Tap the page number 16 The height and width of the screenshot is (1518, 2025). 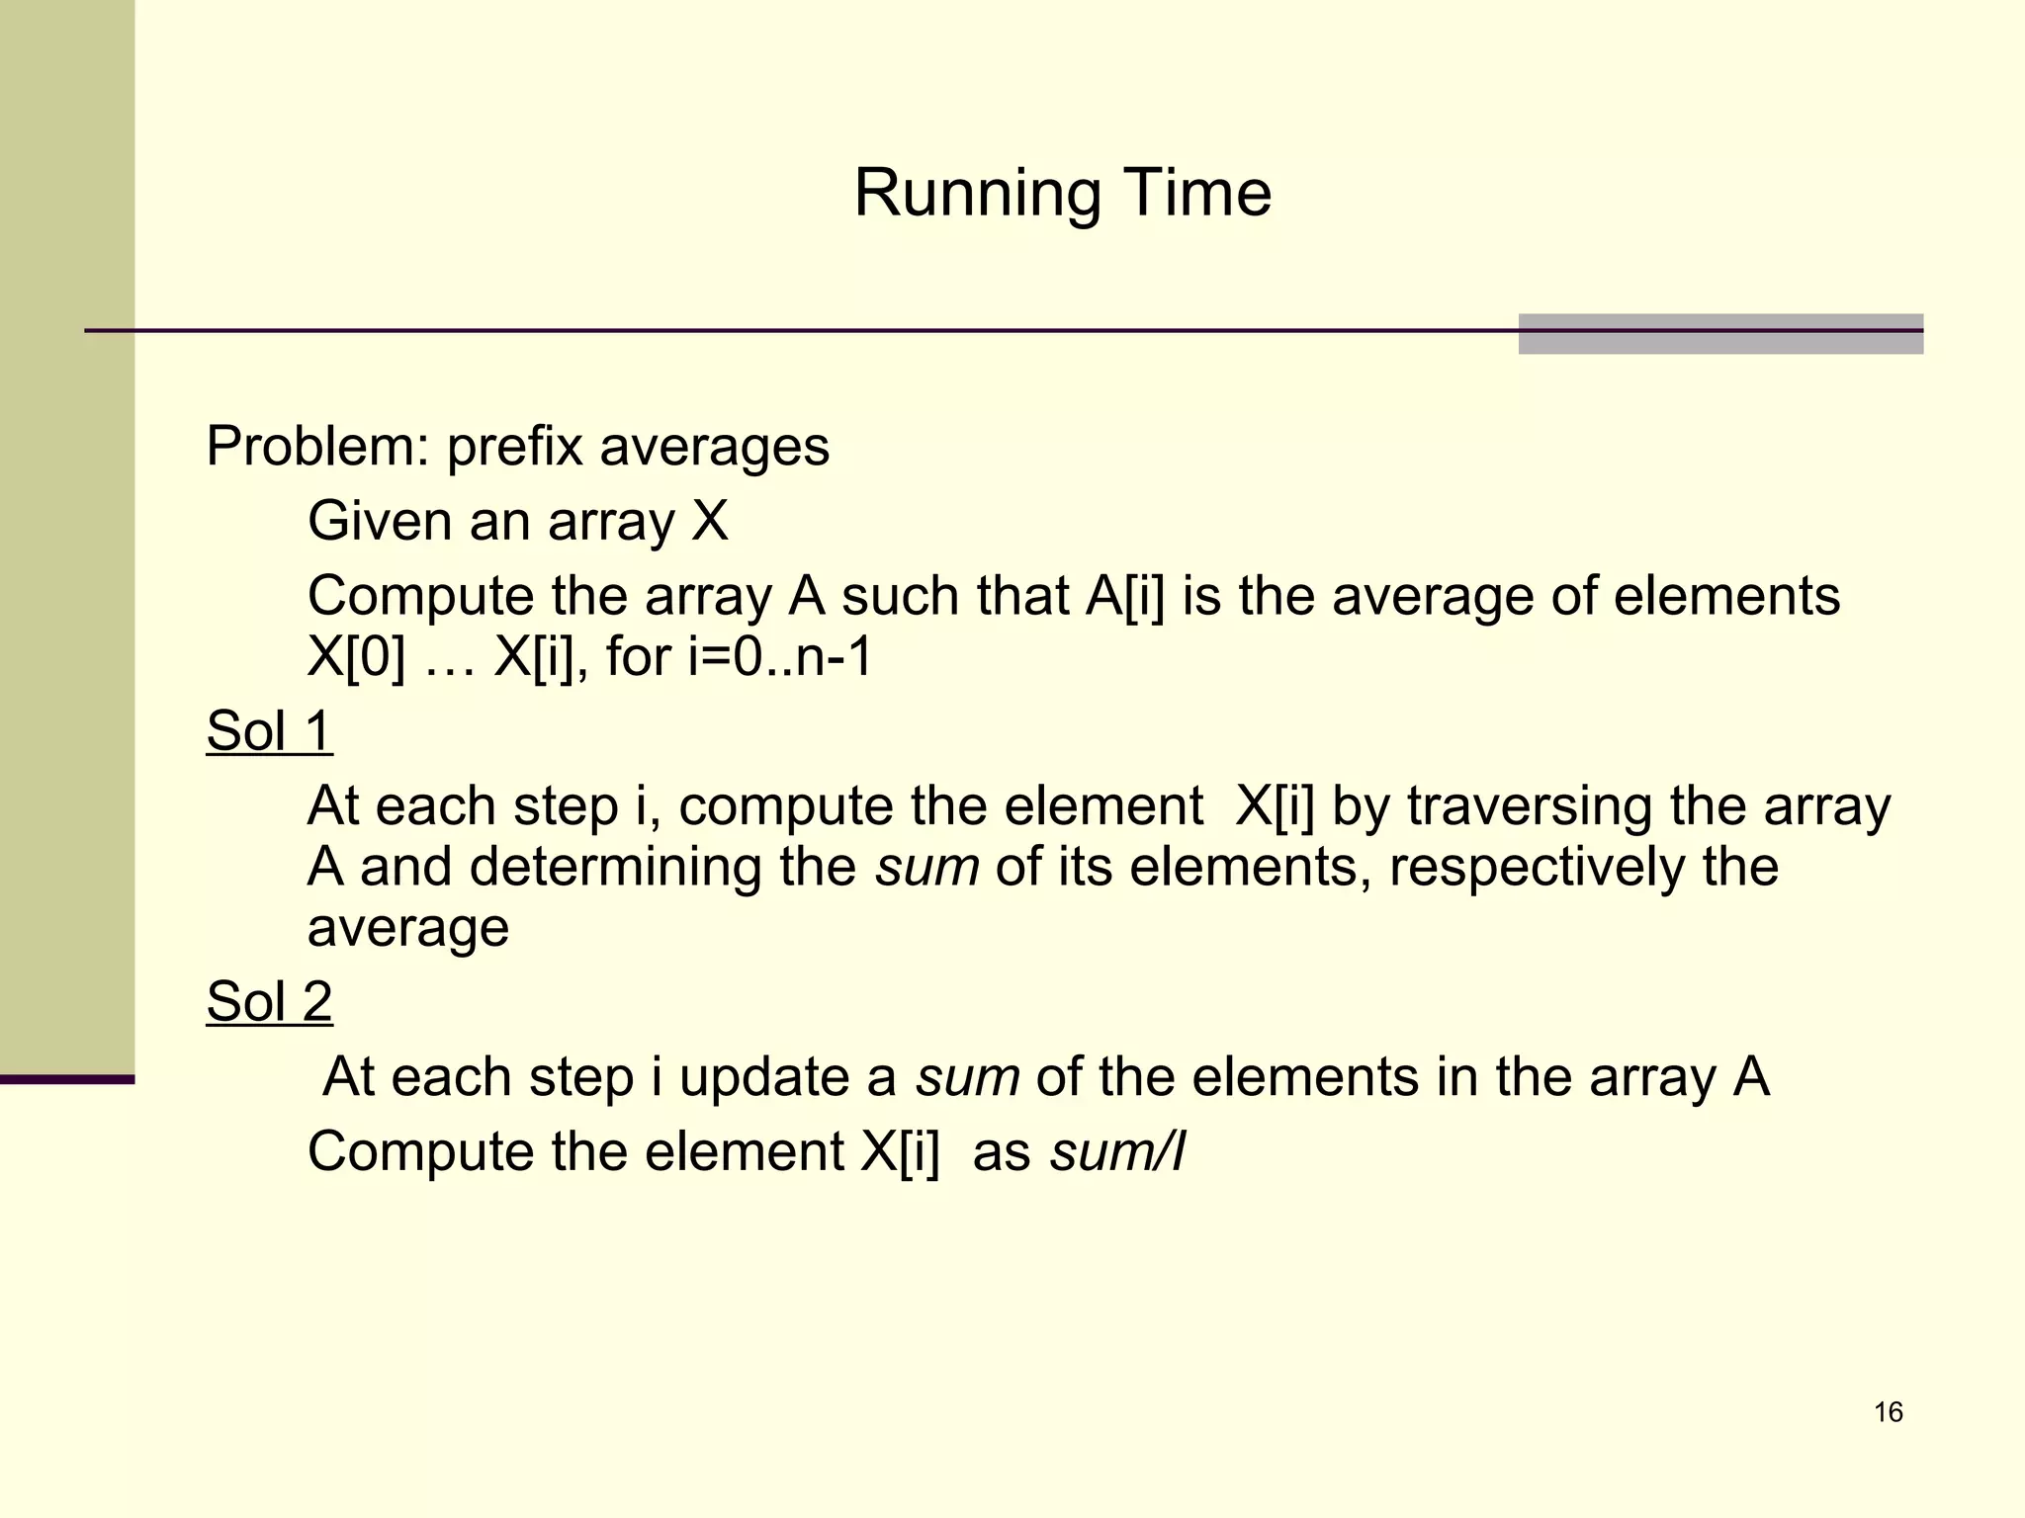coord(1888,1412)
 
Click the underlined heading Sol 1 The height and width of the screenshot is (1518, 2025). coord(269,731)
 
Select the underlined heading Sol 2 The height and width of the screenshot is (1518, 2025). coord(269,1001)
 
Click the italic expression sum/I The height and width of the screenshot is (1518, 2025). coord(1116,1151)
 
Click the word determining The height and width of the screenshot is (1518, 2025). coord(613,867)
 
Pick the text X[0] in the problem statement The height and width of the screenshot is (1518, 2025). coord(357,655)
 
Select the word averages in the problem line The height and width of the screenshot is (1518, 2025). coord(714,447)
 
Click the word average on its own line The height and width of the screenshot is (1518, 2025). coord(407,928)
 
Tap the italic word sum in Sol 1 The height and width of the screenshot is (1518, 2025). coord(926,867)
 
